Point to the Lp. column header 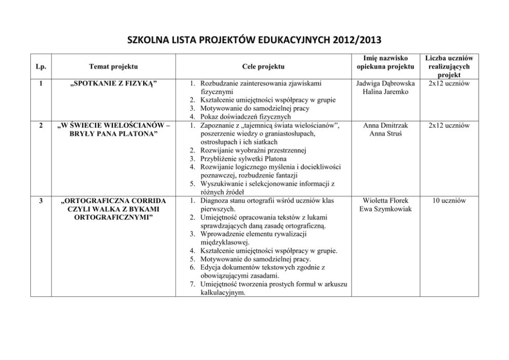click(x=40, y=66)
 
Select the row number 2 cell click(x=40, y=125)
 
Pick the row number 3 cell click(x=40, y=201)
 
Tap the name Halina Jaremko click(x=384, y=91)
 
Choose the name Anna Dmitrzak click(x=384, y=125)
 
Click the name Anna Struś click(x=384, y=133)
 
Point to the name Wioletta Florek click(x=384, y=201)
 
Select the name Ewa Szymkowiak click(x=384, y=209)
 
